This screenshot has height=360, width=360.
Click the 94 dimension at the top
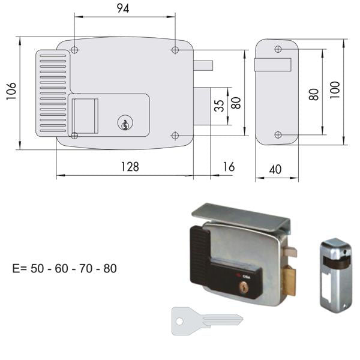[123, 8]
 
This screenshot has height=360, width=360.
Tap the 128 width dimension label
[127, 167]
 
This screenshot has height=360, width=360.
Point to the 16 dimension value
[228, 167]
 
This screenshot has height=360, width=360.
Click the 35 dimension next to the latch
[220, 107]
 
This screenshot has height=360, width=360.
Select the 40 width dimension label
[275, 170]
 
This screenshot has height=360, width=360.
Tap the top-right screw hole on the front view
[175, 50]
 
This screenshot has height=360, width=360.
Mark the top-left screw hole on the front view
[74, 50]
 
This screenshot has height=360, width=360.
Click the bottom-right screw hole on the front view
[175, 135]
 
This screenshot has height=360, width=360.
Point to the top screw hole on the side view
[277, 49]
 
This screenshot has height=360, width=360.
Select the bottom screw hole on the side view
[277, 134]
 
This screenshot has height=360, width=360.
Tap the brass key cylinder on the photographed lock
[244, 289]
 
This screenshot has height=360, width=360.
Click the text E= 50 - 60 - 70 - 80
[65, 268]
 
